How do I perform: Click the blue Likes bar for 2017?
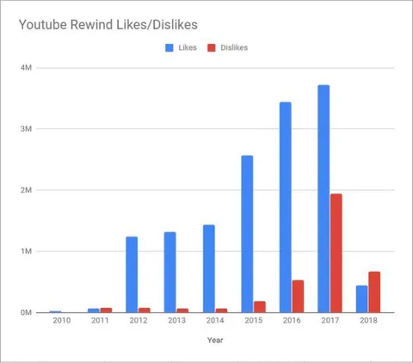click(324, 199)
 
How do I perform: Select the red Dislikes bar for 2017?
click(336, 253)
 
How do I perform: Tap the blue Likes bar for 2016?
click(285, 207)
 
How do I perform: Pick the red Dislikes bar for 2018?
click(374, 292)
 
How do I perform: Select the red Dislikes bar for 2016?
click(298, 296)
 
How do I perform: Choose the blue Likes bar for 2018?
click(361, 298)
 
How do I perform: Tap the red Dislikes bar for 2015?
click(259, 306)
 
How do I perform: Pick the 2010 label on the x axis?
click(61, 321)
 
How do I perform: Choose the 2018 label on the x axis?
click(368, 321)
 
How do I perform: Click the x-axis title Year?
click(215, 340)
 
